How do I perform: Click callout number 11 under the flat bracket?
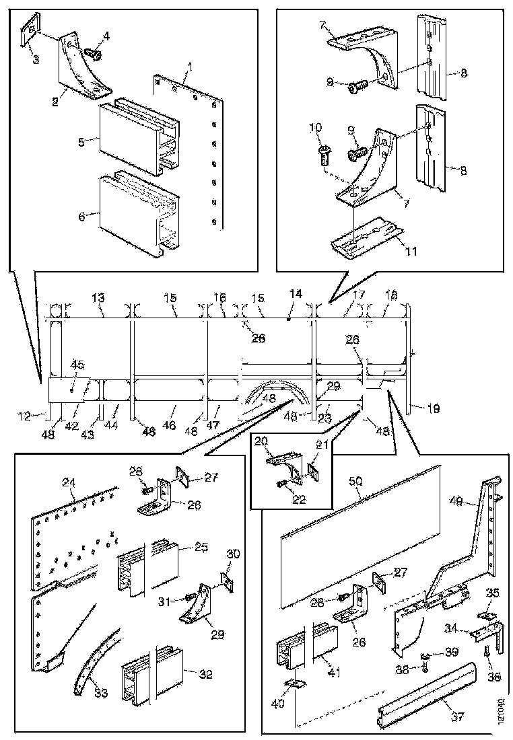coord(411,252)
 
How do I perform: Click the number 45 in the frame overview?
coord(78,366)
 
